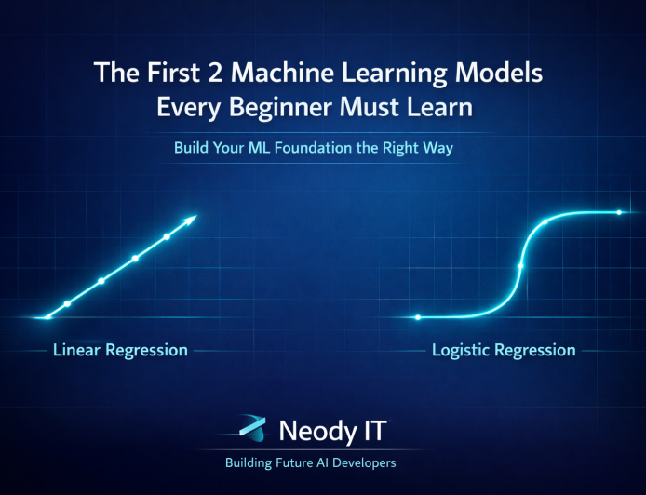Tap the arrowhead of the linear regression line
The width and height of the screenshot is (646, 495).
pos(192,220)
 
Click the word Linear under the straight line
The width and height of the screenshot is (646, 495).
pos(77,351)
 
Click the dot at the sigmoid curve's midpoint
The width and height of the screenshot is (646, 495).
pos(520,266)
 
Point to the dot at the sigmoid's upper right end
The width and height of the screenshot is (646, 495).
pos(619,213)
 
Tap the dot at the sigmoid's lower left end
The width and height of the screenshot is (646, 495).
pos(418,317)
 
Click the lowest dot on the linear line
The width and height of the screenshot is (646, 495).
pos(67,303)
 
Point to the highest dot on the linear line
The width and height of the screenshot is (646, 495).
pos(167,237)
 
